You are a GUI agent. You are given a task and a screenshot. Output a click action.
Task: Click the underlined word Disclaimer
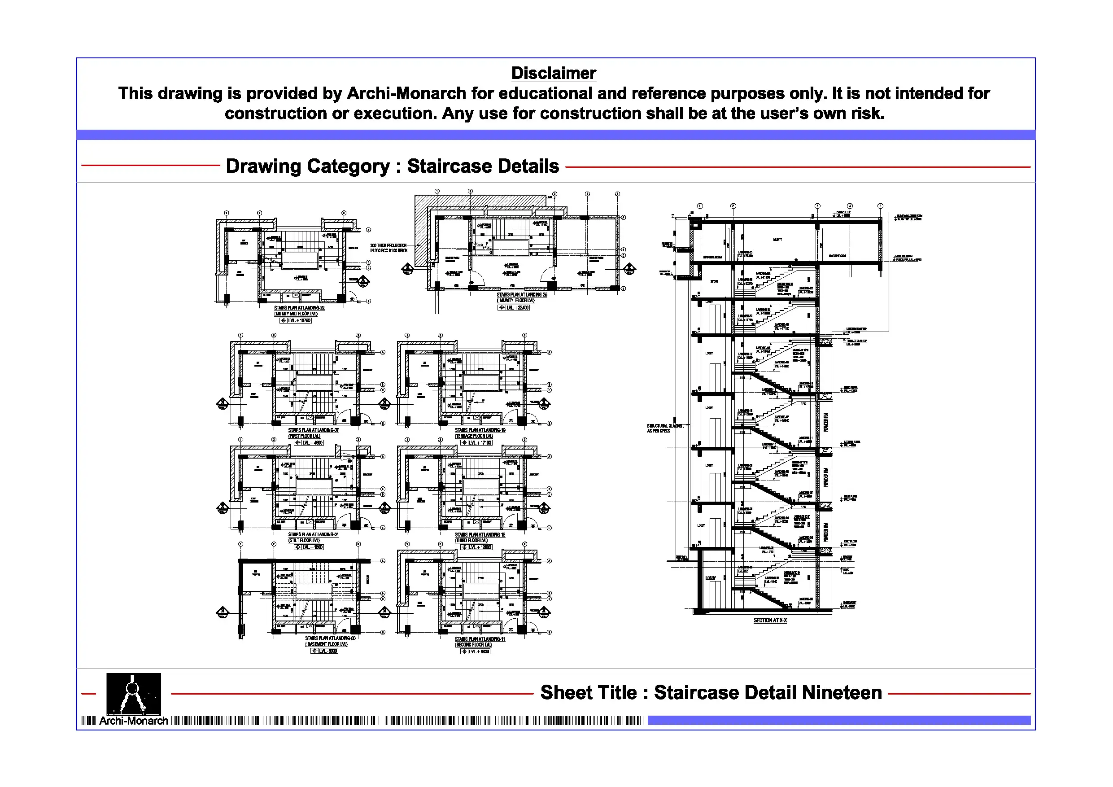point(554,73)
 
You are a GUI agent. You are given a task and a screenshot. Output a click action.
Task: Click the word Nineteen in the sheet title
point(842,692)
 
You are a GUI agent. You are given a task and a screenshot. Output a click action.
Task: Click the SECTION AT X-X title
point(770,620)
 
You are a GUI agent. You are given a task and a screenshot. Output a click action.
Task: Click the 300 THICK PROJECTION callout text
point(388,248)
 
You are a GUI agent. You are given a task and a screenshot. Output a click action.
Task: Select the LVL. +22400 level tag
point(517,307)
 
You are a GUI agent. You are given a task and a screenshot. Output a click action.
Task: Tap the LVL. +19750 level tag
point(299,320)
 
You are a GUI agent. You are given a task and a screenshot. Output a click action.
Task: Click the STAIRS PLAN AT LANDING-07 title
point(313,430)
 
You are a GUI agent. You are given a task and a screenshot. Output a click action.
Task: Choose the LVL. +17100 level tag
point(480,443)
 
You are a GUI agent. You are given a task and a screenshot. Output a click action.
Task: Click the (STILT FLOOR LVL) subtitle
point(304,540)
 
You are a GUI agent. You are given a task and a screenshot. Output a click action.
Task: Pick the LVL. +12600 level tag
point(480,547)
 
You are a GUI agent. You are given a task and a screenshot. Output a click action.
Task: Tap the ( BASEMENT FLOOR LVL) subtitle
point(327,644)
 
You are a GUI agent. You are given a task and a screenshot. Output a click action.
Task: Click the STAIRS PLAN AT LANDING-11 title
point(480,639)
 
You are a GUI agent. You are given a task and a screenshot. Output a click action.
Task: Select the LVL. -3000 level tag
point(327,651)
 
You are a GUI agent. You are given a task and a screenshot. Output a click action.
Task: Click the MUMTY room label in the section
point(777,240)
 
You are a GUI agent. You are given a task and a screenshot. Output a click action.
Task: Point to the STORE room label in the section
point(714,281)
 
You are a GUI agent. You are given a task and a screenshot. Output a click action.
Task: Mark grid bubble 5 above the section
point(880,206)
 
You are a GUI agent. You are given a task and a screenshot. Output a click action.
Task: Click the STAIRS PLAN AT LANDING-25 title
point(522,295)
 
